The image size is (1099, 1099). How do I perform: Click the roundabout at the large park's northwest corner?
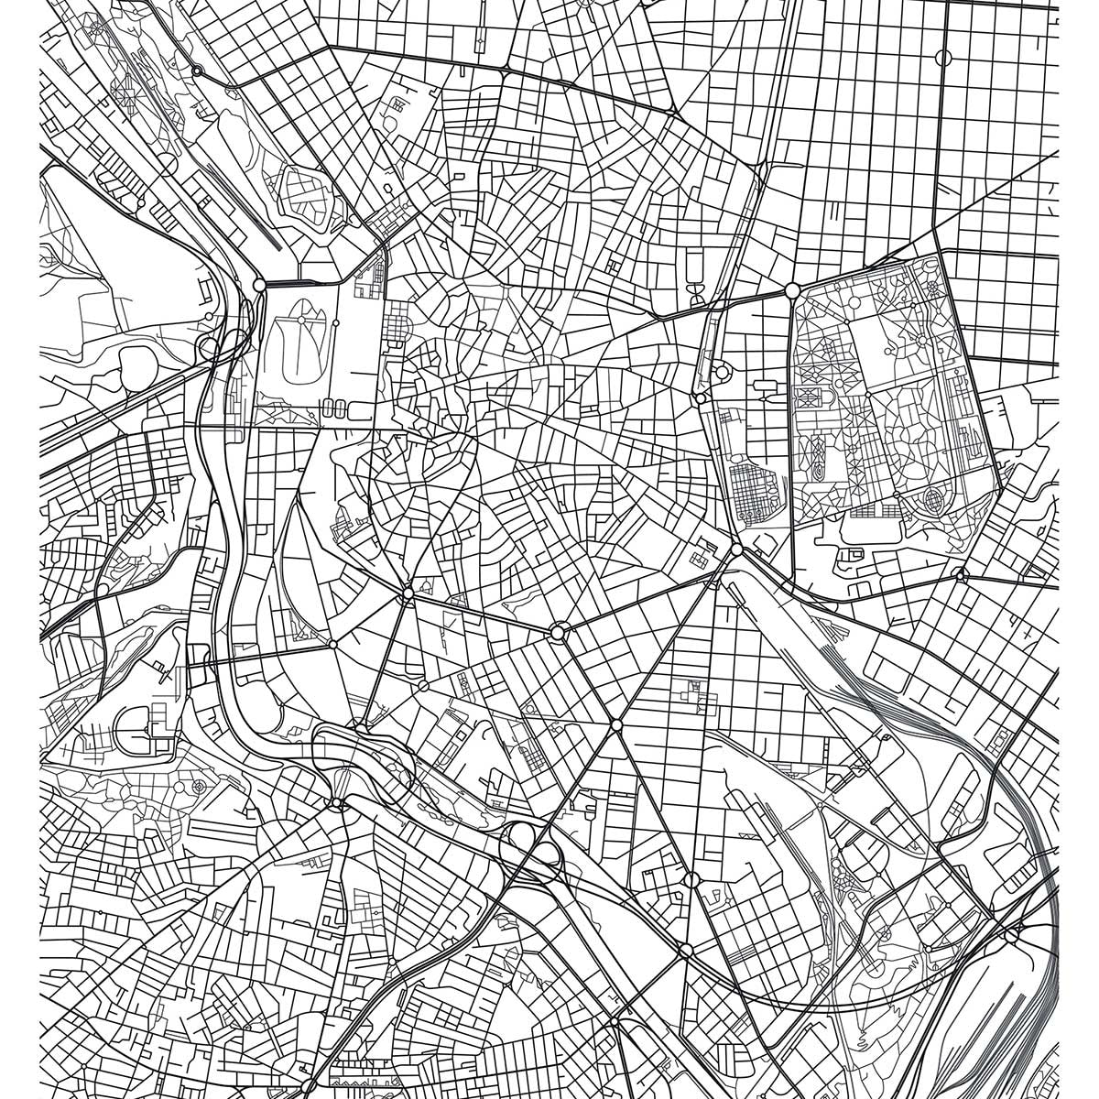pos(792,290)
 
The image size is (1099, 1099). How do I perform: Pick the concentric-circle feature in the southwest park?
pos(199,787)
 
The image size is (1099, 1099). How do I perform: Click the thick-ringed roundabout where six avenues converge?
pos(559,632)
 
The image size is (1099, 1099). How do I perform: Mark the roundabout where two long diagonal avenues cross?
pos(616,725)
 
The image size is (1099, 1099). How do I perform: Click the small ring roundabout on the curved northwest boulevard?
pos(197,71)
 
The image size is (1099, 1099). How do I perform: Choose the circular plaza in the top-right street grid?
pos(944,58)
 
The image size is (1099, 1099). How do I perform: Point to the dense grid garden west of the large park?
pos(756,490)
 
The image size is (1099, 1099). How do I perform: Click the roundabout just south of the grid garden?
pos(736,549)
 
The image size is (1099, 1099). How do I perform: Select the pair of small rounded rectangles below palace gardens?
pos(334,408)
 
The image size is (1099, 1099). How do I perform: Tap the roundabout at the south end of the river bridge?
pos(337,803)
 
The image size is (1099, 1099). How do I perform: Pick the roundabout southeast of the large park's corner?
pos(960,574)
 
